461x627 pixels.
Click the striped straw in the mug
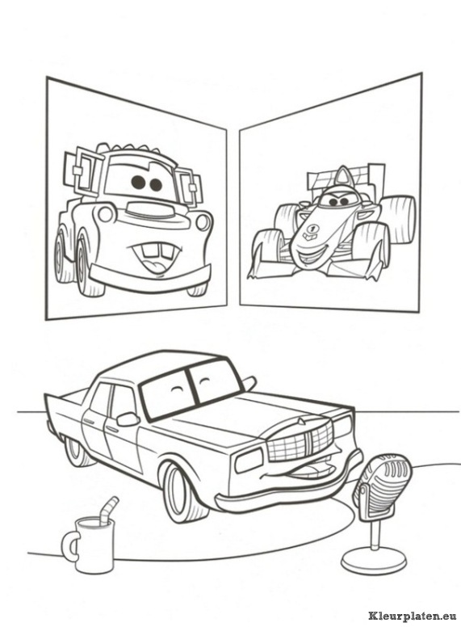click(109, 509)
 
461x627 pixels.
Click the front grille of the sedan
click(300, 440)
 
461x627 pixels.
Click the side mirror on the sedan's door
click(128, 419)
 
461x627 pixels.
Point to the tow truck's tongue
click(160, 265)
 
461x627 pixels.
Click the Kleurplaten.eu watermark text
click(413, 615)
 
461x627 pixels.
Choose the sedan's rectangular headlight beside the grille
click(249, 460)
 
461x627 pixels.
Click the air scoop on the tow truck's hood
click(145, 209)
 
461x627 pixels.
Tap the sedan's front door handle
click(112, 428)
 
